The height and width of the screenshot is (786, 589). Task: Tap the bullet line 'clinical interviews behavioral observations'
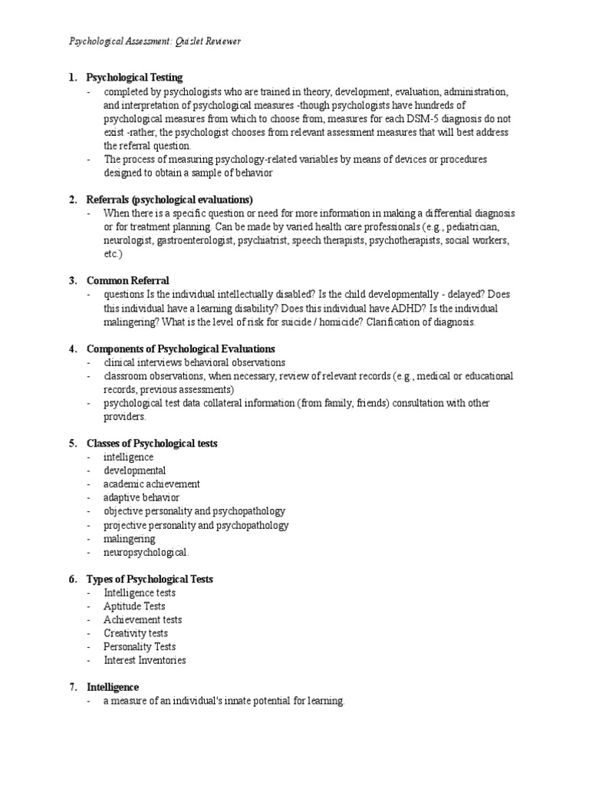click(x=195, y=362)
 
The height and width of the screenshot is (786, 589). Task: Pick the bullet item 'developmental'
click(x=135, y=471)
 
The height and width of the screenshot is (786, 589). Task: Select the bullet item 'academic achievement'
click(x=152, y=484)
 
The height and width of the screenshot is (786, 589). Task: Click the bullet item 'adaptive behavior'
click(x=142, y=497)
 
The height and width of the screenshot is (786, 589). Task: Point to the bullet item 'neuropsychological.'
click(x=146, y=552)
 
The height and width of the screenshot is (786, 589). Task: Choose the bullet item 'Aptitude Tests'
click(x=135, y=606)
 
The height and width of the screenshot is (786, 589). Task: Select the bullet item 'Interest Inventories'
click(x=145, y=660)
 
